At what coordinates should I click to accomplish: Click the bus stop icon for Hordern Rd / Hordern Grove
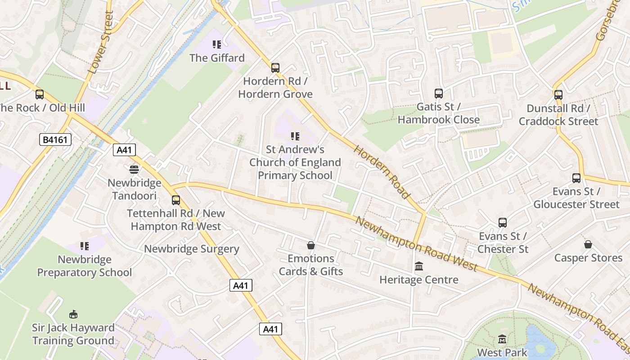(x=275, y=68)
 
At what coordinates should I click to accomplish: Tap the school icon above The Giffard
(x=217, y=45)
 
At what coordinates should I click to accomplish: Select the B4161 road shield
(x=56, y=140)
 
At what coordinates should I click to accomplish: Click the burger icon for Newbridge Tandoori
(x=134, y=170)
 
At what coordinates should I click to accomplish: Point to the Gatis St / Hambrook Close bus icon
(x=439, y=94)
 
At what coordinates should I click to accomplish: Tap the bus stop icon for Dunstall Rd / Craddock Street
(x=558, y=95)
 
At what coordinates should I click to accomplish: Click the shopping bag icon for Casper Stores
(x=588, y=244)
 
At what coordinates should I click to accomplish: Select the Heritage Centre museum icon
(x=419, y=266)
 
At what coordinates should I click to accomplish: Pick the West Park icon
(x=502, y=339)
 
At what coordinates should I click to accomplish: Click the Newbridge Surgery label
(x=191, y=249)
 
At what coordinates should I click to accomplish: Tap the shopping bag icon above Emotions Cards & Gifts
(x=310, y=245)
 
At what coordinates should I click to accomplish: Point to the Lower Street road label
(x=100, y=43)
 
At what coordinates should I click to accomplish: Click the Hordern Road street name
(x=382, y=172)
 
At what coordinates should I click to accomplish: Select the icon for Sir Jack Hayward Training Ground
(x=73, y=314)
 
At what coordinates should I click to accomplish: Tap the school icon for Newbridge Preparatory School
(x=85, y=246)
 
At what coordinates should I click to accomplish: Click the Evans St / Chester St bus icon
(x=503, y=223)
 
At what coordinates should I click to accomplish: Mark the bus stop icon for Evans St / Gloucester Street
(x=576, y=178)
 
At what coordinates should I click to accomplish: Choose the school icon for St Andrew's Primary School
(x=295, y=136)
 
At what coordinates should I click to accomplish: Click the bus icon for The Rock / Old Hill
(x=40, y=94)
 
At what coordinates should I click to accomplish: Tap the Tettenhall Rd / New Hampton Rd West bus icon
(x=176, y=200)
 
